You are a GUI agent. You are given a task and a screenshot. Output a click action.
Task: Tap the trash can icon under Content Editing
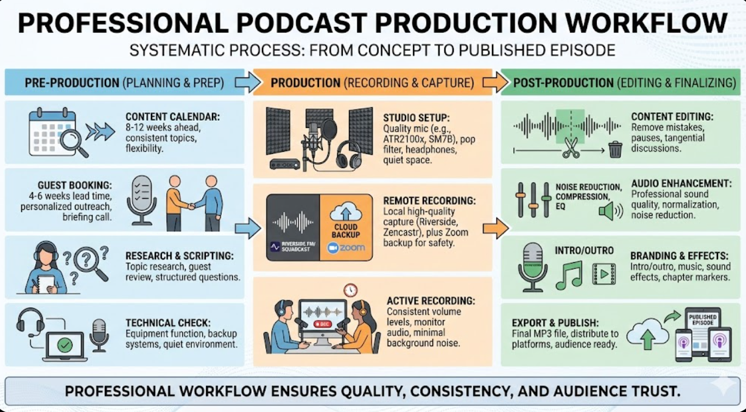coord(615,149)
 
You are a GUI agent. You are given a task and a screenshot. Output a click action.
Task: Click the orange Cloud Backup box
coord(346,227)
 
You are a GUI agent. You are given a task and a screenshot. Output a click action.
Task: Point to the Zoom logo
coord(346,247)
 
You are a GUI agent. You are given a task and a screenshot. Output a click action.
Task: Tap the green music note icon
coord(569,275)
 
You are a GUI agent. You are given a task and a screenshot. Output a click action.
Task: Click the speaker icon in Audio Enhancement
coord(610,211)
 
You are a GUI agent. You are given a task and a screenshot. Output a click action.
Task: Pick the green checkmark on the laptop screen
coord(65,345)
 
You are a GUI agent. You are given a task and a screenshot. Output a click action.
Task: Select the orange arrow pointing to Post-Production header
coord(495,83)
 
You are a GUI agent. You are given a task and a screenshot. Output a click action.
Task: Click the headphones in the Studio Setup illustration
coord(349,155)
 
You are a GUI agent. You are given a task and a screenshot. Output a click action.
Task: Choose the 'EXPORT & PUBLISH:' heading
coord(554,322)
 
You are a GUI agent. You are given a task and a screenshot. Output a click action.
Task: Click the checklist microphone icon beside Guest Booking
coord(141,201)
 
